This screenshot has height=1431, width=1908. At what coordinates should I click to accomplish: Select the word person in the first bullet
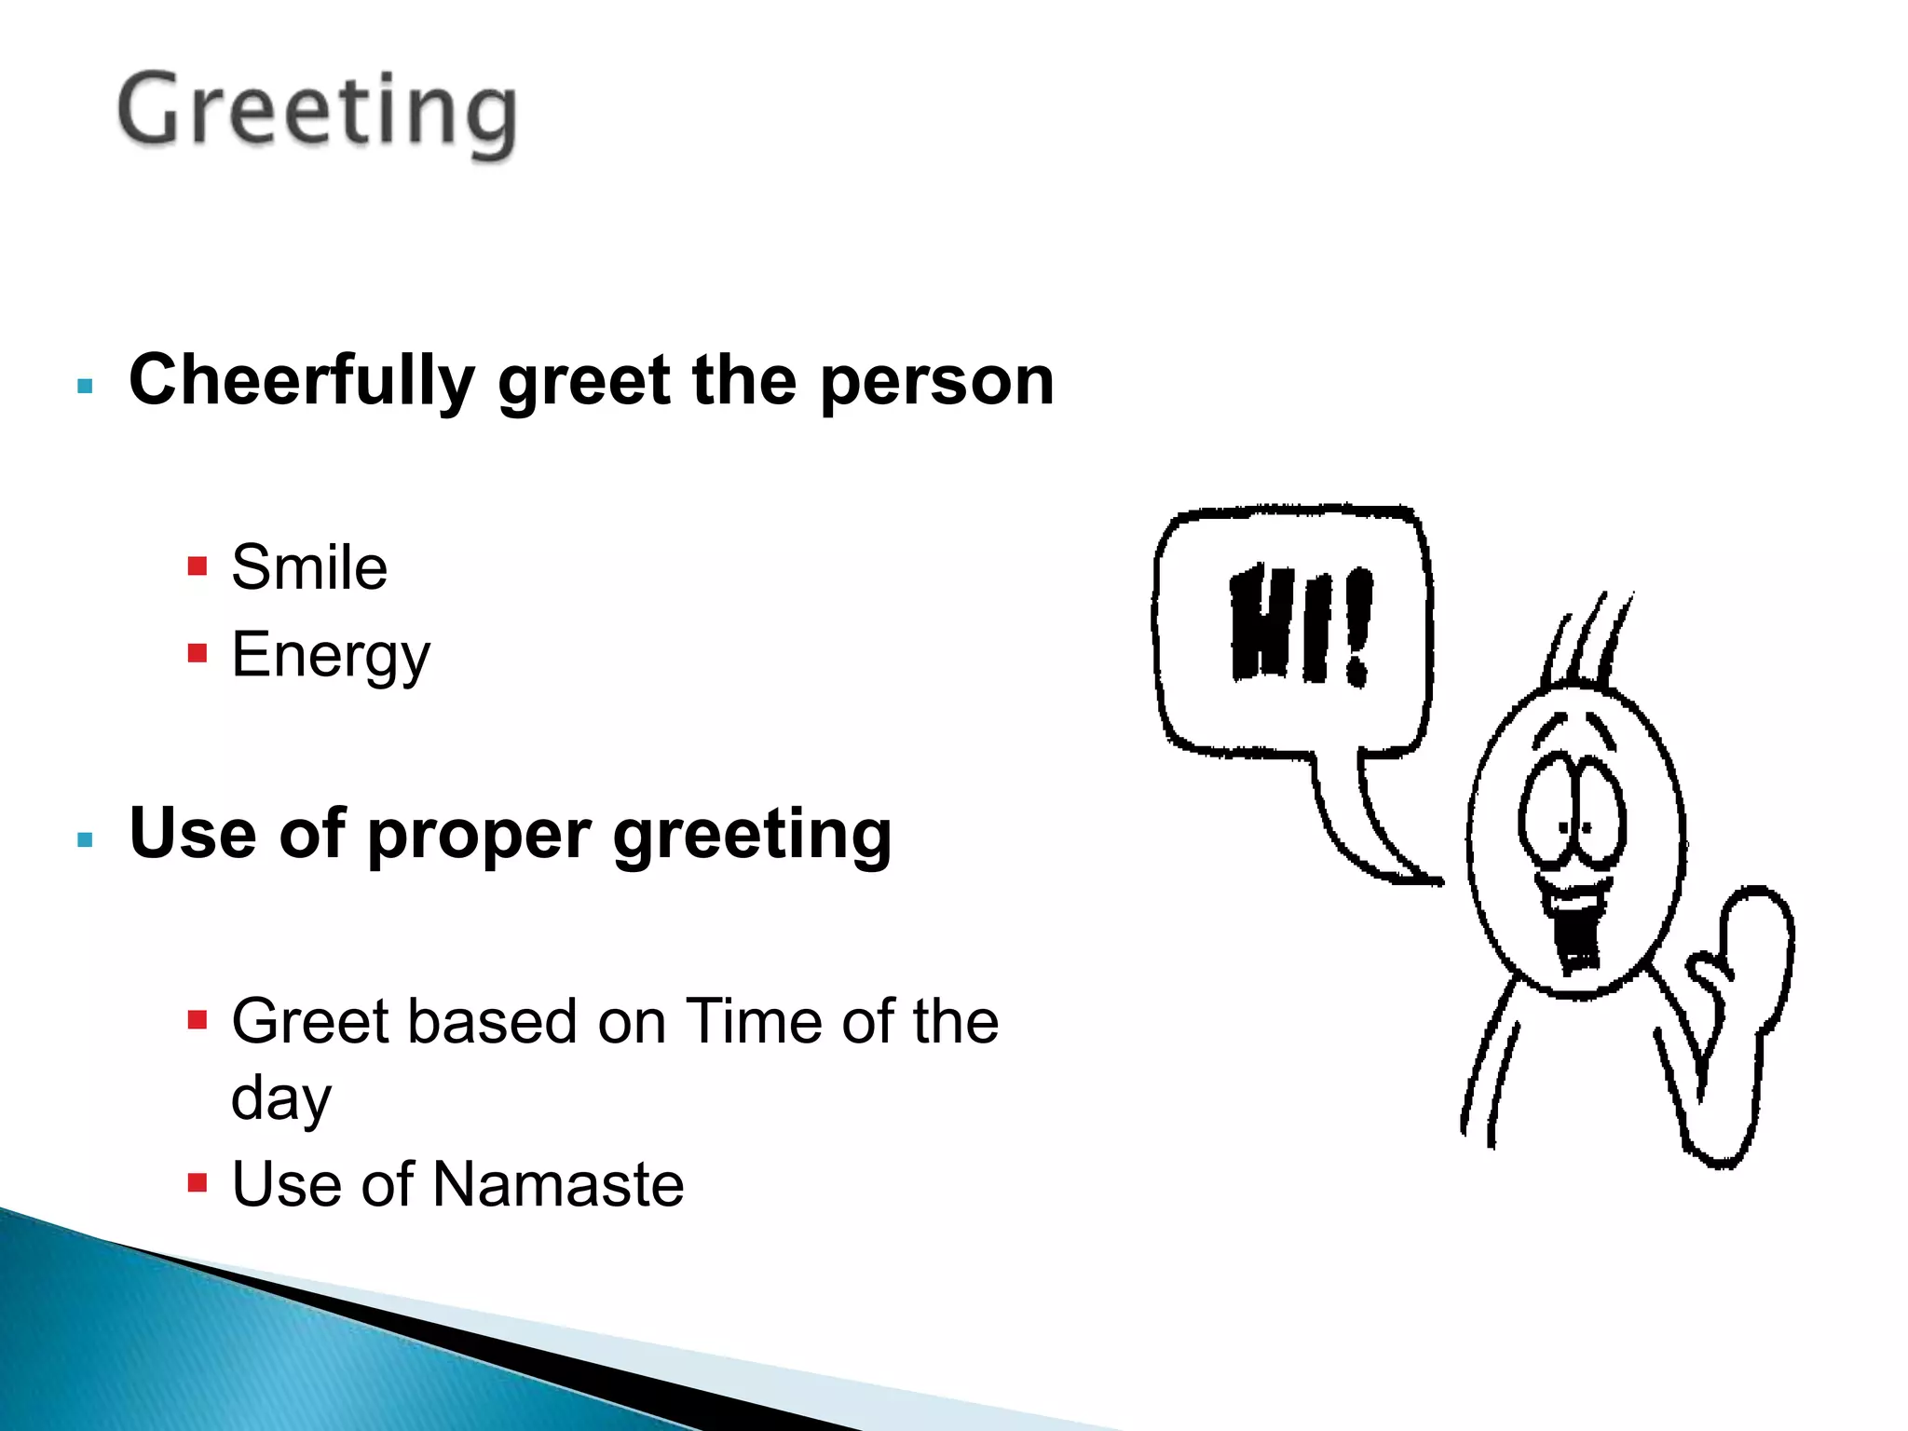click(x=936, y=382)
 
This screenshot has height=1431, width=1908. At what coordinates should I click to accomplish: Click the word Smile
click(x=309, y=567)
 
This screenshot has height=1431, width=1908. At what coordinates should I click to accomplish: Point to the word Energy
click(x=331, y=656)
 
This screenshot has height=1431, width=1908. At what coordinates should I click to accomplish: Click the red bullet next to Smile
click(x=197, y=566)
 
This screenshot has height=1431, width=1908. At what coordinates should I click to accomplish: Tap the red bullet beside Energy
click(x=197, y=652)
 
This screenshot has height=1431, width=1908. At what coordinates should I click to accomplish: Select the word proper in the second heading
click(x=479, y=835)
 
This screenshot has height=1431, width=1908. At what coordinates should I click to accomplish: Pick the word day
click(x=280, y=1099)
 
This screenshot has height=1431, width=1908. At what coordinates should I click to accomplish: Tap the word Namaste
click(x=558, y=1185)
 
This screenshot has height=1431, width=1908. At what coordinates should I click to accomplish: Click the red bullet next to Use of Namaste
click(x=197, y=1183)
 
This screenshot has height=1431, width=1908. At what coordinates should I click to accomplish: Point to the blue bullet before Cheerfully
click(x=86, y=386)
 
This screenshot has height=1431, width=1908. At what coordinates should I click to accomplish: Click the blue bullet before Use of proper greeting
click(x=86, y=839)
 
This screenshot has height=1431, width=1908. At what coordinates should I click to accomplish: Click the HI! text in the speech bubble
click(x=1301, y=624)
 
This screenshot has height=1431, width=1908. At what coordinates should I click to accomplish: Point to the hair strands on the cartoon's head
click(x=1588, y=638)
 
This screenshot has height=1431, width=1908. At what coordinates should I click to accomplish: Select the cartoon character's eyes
click(x=1572, y=806)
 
